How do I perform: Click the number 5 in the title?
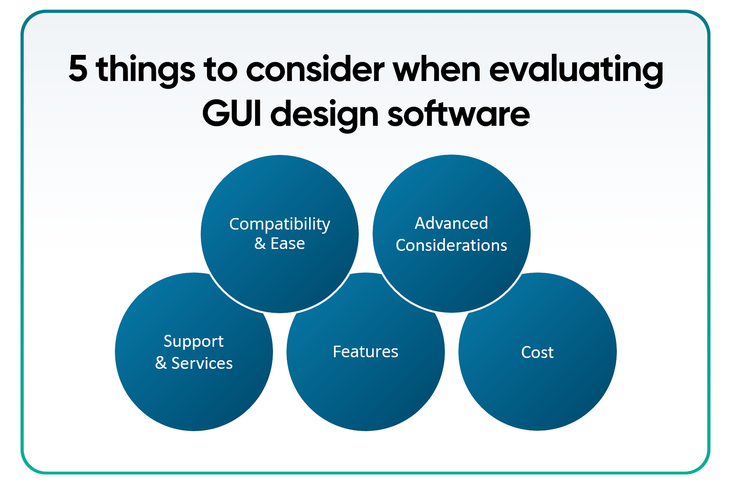click(78, 69)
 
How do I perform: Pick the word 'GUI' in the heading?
click(231, 114)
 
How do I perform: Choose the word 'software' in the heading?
click(458, 113)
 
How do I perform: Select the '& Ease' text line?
click(279, 244)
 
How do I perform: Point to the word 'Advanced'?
click(451, 223)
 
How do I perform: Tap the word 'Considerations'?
click(451, 245)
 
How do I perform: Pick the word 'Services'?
click(202, 363)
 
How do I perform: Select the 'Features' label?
click(365, 351)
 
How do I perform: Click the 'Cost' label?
click(537, 352)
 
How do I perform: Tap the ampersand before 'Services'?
click(161, 363)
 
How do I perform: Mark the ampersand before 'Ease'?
click(260, 244)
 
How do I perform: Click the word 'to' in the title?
click(220, 70)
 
